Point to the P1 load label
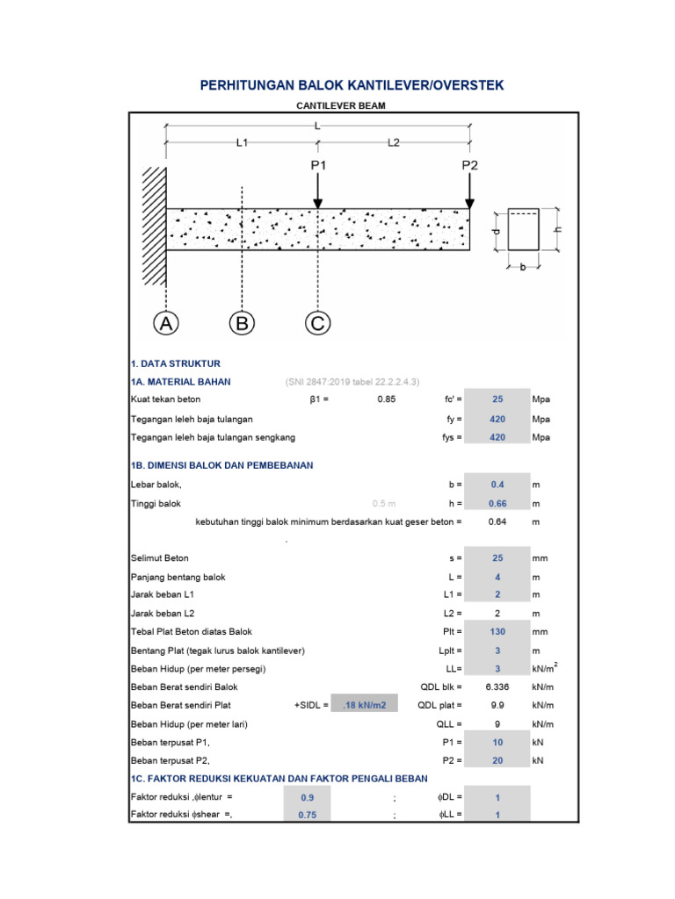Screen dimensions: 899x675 [x=318, y=165]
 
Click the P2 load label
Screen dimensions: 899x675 [x=470, y=165]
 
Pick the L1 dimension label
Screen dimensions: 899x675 [x=243, y=143]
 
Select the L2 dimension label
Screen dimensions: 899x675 [x=394, y=143]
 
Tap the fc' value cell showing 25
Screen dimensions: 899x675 [x=497, y=399]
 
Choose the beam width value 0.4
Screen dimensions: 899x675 [x=497, y=484]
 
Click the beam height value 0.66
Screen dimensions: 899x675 [x=497, y=503]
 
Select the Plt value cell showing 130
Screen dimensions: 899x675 [x=497, y=630]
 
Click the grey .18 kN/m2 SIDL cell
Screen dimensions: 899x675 [x=364, y=704]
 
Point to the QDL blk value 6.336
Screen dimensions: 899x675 [x=497, y=687]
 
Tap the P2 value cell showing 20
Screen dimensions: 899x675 [x=497, y=760]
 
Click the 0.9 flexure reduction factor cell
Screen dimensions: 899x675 [x=307, y=797]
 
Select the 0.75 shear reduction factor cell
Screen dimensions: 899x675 [x=307, y=815]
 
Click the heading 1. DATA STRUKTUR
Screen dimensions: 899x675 [x=175, y=363]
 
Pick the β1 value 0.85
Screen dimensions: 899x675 [x=387, y=399]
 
